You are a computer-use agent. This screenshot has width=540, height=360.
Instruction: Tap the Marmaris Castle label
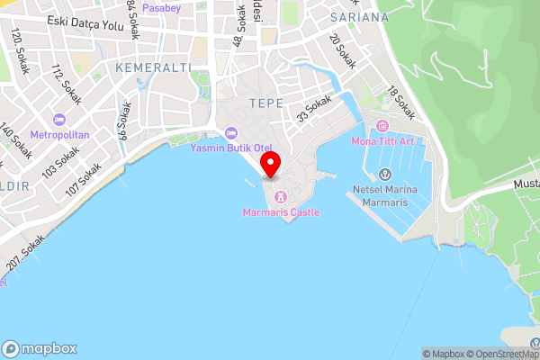(281, 212)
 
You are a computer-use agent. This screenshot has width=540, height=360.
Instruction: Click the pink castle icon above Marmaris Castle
(280, 196)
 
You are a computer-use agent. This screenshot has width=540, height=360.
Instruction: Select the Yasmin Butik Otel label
(231, 148)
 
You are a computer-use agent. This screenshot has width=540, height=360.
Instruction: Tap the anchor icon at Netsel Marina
(384, 175)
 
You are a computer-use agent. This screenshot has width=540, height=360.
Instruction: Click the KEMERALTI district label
(148, 67)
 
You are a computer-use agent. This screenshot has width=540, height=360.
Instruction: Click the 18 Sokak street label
(400, 103)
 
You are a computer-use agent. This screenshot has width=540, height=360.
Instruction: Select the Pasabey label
(162, 7)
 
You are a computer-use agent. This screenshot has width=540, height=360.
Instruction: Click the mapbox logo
(40, 349)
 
